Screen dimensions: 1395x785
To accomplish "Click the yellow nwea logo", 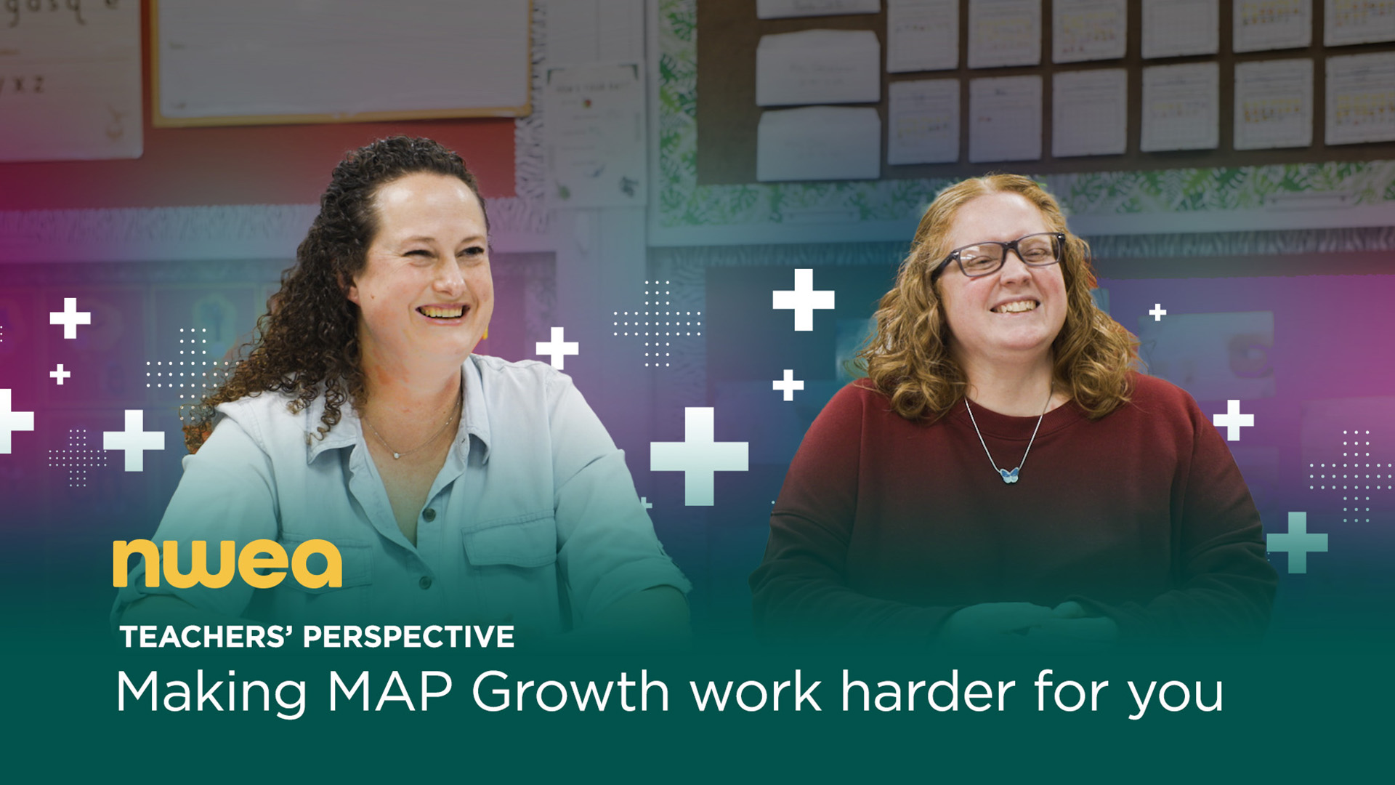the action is pyautogui.click(x=227, y=564).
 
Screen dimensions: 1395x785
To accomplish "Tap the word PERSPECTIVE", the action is pyautogui.click(x=409, y=637).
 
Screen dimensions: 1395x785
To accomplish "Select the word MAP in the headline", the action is pyautogui.click(x=391, y=691).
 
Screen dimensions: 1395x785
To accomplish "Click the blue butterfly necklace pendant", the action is pyautogui.click(x=1009, y=475).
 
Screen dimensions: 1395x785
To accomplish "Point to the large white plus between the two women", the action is pyautogui.click(x=699, y=456).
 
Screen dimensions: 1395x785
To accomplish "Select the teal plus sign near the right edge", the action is pyautogui.click(x=1297, y=542).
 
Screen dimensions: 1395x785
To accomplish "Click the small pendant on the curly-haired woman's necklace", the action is pyautogui.click(x=396, y=456).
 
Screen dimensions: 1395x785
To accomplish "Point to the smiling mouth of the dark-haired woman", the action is pyautogui.click(x=442, y=312).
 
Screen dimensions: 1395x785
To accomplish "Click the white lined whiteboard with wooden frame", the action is pyautogui.click(x=341, y=60).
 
